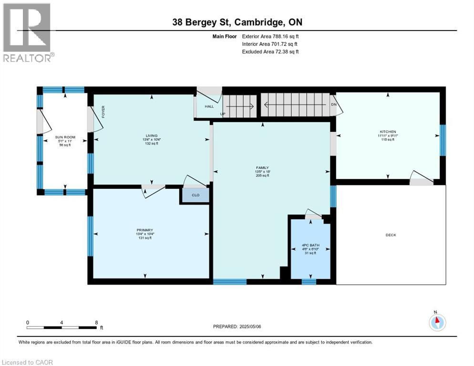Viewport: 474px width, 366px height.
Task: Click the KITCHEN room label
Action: point(388,132)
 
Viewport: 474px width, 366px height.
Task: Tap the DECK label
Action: point(391,235)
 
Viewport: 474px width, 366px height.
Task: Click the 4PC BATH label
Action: point(310,245)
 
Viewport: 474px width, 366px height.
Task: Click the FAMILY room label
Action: point(262,168)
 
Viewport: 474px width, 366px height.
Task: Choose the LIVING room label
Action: point(152,136)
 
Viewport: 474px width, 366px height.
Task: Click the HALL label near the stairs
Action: point(209,106)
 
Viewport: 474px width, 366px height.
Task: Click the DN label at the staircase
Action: point(333,104)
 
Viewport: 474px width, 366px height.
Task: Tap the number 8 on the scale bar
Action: point(96,322)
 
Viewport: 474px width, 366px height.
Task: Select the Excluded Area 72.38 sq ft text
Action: point(270,51)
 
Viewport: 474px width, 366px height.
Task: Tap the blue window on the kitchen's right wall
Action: point(443,140)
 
